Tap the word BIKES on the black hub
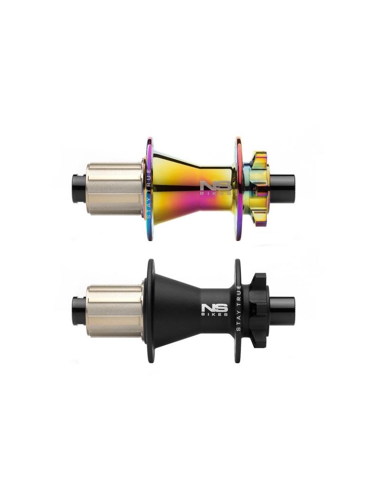click(x=215, y=315)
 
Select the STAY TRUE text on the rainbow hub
click(x=148, y=194)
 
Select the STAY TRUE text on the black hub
click(x=239, y=308)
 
